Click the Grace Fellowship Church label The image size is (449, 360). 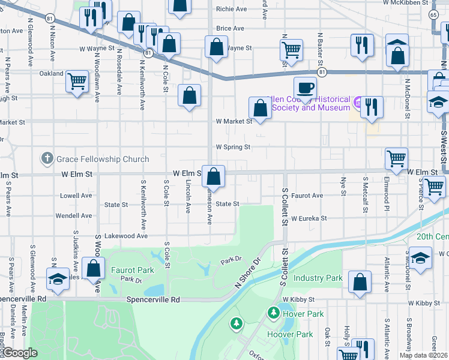[x=103, y=159]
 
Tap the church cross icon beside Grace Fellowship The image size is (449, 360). [x=47, y=158]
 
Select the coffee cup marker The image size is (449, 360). [x=305, y=87]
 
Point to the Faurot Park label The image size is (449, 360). [x=128, y=270]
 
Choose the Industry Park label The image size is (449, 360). [x=318, y=278]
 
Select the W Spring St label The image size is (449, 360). [x=232, y=146]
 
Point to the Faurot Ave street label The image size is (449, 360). [x=307, y=196]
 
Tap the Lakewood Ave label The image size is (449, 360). [x=126, y=236]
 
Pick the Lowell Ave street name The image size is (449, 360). [x=76, y=196]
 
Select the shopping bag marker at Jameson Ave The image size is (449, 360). [x=213, y=176]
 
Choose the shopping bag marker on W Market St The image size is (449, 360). [x=260, y=109]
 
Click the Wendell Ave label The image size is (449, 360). [x=73, y=215]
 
